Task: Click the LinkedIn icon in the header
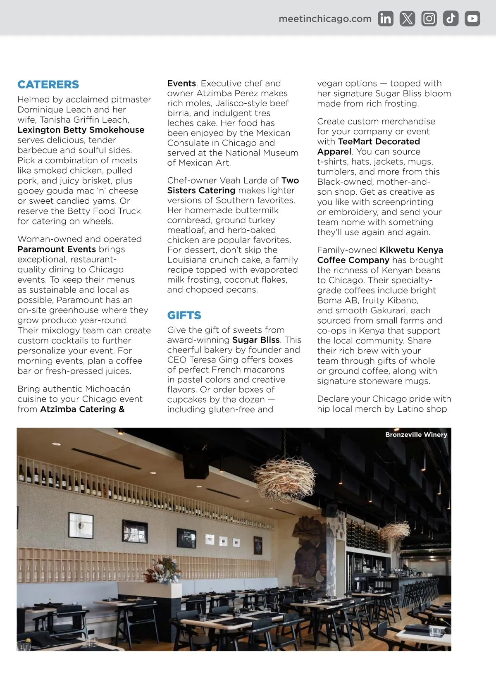click(386, 19)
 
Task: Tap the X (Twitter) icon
click(407, 19)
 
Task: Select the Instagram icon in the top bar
click(429, 19)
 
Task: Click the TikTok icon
click(451, 19)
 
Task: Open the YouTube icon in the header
click(472, 19)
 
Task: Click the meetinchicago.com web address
click(325, 19)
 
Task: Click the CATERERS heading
click(48, 84)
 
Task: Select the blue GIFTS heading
click(184, 315)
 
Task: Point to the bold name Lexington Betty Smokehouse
click(81, 130)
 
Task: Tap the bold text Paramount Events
click(57, 249)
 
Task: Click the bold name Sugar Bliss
click(256, 340)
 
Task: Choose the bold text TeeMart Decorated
click(379, 141)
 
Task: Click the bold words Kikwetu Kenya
click(411, 250)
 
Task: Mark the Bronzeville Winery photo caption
click(416, 435)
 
